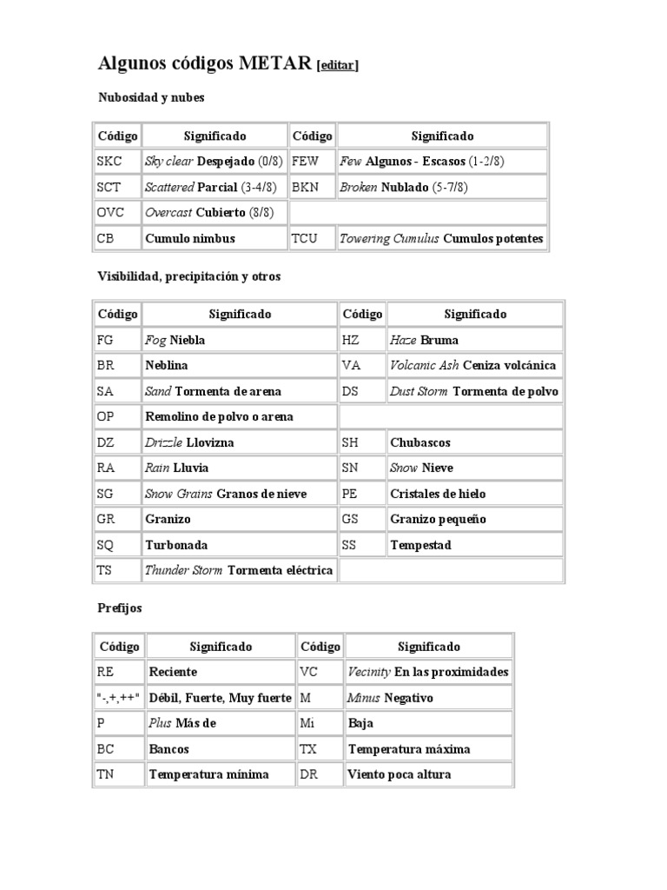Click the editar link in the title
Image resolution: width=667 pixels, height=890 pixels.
[338, 65]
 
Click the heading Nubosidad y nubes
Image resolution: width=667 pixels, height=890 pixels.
[151, 97]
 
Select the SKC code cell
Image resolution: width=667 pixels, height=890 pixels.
[117, 162]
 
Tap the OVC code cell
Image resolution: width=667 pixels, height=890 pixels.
[117, 213]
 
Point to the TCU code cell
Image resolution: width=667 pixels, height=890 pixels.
[312, 238]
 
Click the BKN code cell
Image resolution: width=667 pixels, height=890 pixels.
[312, 187]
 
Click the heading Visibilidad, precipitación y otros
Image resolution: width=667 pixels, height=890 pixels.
[188, 276]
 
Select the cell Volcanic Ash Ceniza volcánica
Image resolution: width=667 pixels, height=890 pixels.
[473, 365]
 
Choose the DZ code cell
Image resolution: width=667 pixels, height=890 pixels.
[117, 442]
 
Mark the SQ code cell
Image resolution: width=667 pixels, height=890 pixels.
[117, 545]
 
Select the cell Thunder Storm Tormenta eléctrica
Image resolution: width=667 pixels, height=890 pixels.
[239, 570]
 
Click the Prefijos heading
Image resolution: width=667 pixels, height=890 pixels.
[120, 608]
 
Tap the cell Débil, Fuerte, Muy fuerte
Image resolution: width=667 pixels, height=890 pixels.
[220, 698]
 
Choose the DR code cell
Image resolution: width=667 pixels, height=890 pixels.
[320, 774]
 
